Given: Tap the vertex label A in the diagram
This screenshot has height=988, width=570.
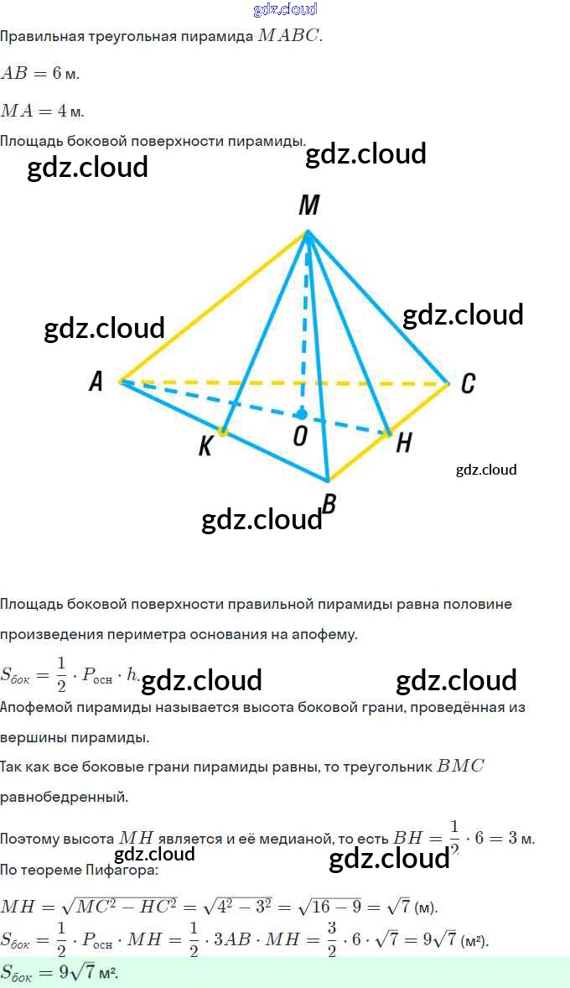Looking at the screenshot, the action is [96, 382].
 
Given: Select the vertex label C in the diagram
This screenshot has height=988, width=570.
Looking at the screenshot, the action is [469, 383].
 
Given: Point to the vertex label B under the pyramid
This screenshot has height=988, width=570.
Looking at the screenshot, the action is [329, 504].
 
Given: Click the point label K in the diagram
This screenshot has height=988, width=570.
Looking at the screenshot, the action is [205, 447].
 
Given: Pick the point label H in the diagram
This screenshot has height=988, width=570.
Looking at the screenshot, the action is [403, 443].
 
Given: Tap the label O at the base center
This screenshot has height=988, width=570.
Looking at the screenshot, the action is [298, 437].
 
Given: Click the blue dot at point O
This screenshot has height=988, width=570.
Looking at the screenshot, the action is [301, 414].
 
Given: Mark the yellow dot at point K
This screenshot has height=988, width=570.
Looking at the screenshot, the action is [223, 431].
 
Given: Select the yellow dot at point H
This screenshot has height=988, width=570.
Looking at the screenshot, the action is [388, 433].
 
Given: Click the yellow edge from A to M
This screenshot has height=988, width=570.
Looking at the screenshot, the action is [214, 306].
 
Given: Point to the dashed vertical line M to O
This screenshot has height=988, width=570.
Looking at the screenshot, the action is [305, 335].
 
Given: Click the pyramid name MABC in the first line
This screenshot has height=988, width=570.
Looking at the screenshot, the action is [290, 36].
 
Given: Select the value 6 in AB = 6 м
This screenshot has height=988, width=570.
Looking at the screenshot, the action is [57, 74].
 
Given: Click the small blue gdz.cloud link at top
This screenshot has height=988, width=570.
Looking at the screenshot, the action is [285, 9].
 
